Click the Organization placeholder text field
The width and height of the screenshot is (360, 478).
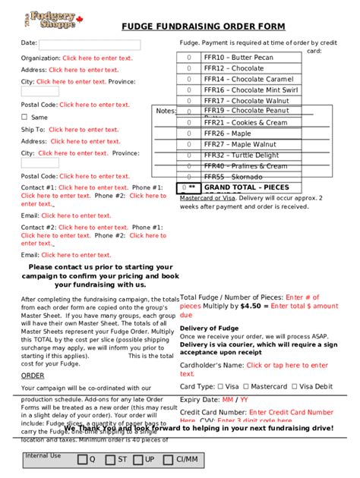tap(97, 58)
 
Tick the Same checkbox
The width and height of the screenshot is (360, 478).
tap(24, 118)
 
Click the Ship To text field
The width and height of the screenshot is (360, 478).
tap(84, 130)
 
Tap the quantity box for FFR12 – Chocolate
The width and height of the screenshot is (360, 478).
tap(188, 68)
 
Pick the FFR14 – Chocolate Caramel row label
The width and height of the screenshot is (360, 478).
tap(248, 79)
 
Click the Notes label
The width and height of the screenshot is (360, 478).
tap(166, 111)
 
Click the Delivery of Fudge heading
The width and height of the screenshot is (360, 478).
tap(209, 328)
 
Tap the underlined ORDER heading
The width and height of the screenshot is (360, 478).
tap(33, 375)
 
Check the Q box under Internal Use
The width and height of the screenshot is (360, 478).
tap(82, 460)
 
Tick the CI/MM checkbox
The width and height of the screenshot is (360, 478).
tap(168, 460)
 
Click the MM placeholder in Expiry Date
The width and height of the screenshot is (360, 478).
tap(227, 399)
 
